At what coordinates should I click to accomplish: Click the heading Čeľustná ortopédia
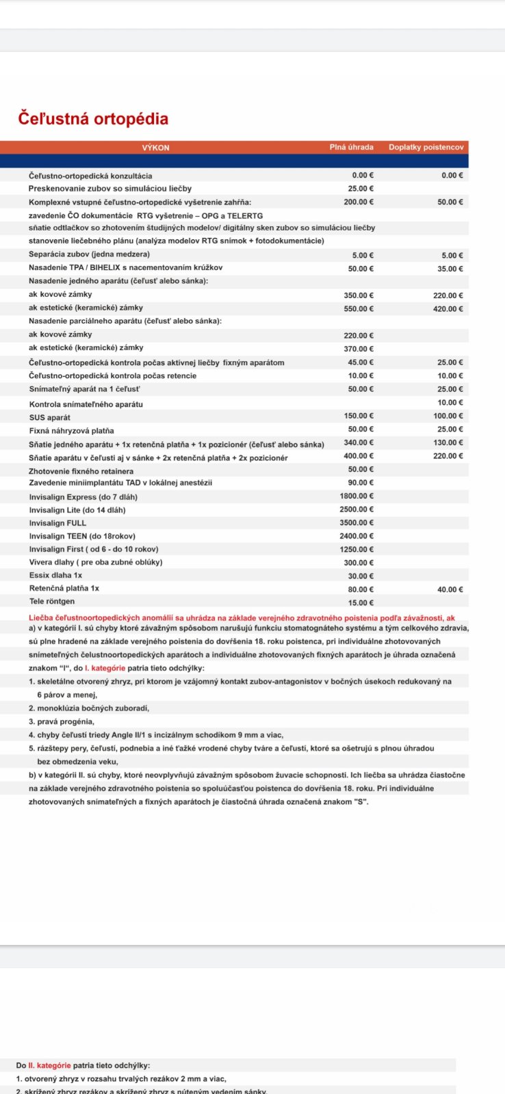93,119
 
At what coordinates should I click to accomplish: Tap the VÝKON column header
155,148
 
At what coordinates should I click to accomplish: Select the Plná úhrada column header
352,147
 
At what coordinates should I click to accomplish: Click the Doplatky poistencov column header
426,147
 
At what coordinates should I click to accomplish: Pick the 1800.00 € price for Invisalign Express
357,497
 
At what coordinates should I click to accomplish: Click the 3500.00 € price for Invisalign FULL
357,524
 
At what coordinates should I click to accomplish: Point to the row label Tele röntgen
52,602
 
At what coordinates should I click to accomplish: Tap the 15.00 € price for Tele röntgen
361,603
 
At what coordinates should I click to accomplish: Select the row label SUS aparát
49,418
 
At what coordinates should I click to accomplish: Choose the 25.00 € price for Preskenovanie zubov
361,189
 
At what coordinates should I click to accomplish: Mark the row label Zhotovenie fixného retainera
81,471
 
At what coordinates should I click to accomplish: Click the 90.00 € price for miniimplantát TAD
361,483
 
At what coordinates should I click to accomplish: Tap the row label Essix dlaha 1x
55,576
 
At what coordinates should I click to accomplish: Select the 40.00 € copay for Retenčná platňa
450,589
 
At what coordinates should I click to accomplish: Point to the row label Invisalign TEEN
82,536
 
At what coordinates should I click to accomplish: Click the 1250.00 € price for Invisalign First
357,550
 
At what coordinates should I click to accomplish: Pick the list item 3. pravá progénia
62,721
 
